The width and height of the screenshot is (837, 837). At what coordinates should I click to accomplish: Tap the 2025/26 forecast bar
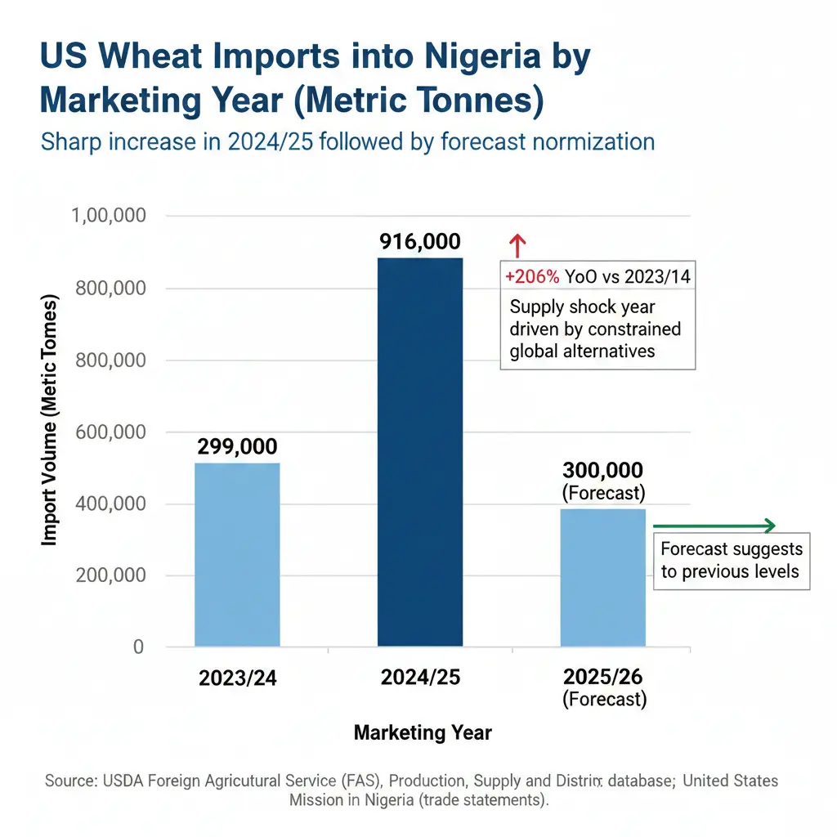point(602,577)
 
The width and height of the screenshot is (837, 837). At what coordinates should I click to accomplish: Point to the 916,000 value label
point(420,242)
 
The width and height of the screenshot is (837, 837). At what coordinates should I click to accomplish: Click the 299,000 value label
point(237,446)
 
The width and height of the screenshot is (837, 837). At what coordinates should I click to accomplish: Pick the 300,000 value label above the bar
point(602,470)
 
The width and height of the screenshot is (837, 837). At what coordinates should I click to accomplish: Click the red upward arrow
point(516,245)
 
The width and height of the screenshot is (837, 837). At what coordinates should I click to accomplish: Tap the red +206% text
point(532,277)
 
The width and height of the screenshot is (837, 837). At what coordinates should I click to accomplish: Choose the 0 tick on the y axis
point(138,647)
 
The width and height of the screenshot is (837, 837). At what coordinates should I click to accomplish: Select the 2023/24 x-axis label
point(237,678)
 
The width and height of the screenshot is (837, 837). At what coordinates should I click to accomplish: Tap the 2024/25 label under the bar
point(420,678)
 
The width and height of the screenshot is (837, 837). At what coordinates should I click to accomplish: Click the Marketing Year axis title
point(423,732)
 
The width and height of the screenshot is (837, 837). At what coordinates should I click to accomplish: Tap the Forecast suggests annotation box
point(731,560)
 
